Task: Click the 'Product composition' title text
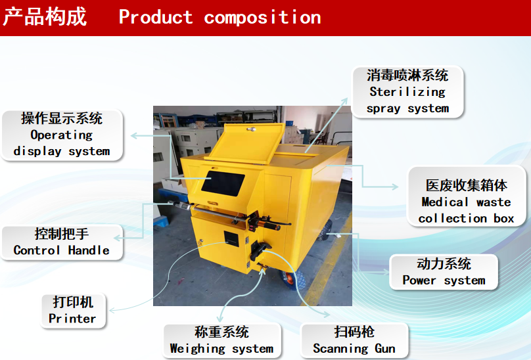click(219, 17)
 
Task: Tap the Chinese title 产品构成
click(45, 16)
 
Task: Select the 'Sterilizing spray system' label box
click(407, 92)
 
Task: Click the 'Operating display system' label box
click(62, 135)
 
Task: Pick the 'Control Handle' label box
click(62, 242)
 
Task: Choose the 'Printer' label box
click(73, 311)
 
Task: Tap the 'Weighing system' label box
click(222, 340)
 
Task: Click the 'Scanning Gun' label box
click(354, 340)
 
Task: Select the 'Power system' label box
click(444, 272)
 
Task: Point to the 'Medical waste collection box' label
click(467, 202)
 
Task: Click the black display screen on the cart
click(223, 183)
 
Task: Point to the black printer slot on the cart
click(231, 238)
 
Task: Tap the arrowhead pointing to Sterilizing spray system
click(345, 101)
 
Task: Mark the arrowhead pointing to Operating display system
click(135, 136)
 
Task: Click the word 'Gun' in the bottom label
click(385, 348)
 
